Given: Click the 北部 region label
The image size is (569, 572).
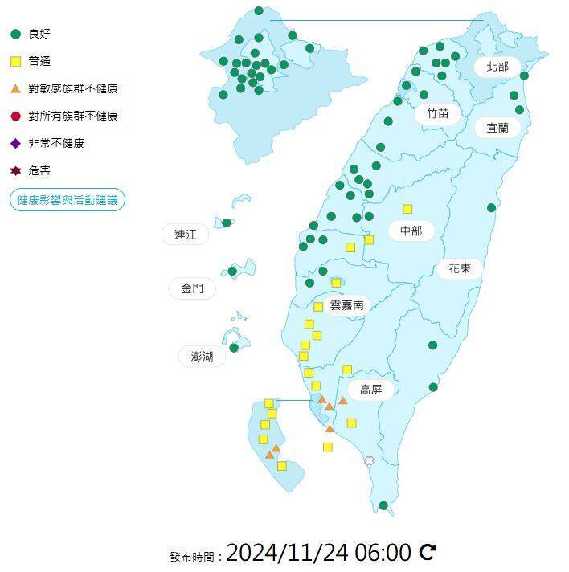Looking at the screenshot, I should click(497, 67).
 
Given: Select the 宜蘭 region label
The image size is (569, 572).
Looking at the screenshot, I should click(497, 129).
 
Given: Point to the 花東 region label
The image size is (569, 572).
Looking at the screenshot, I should click(460, 269).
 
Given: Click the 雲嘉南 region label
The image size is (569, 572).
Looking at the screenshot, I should click(347, 305).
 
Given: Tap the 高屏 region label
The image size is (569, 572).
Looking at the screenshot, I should click(370, 390).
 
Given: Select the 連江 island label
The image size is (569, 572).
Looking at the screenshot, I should click(185, 235).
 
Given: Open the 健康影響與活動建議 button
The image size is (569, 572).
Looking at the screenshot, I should click(68, 199).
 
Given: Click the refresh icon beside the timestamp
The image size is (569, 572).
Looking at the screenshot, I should click(428, 552).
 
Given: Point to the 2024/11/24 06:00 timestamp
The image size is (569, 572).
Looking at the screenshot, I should click(318, 553).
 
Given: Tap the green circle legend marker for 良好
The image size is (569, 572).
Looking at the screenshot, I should click(15, 34).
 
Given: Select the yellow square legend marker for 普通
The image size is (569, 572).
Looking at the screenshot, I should click(15, 61).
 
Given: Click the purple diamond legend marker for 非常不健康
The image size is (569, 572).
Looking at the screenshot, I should click(15, 143).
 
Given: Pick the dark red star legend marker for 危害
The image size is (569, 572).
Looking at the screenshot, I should click(15, 170).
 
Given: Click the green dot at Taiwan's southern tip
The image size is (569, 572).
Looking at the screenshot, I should click(383, 505).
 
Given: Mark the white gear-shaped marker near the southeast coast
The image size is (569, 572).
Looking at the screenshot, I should click(369, 460).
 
